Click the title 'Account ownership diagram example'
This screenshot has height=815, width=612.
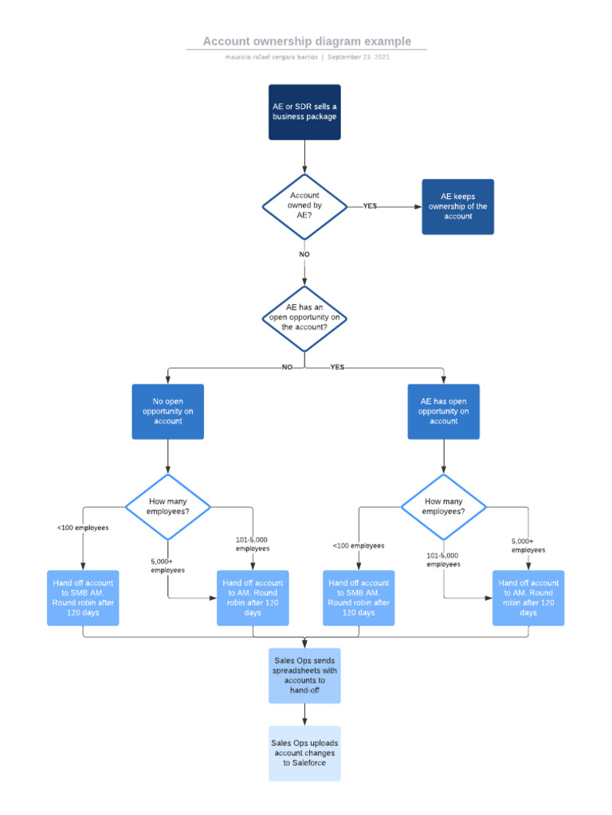307,41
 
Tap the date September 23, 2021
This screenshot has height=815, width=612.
359,57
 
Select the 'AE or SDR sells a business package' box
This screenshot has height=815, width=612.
304,112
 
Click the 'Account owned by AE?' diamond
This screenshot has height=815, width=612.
304,206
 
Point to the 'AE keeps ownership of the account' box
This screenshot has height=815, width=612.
457,207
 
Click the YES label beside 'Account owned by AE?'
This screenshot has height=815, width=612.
370,206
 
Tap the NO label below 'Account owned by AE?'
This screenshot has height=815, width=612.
304,255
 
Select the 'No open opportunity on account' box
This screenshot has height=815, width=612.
167,411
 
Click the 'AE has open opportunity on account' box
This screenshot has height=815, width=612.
444,411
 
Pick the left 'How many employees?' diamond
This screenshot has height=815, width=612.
167,506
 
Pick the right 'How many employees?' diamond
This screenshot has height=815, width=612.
443,506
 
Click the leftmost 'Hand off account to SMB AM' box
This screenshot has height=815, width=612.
83,598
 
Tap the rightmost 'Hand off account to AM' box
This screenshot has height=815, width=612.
528,598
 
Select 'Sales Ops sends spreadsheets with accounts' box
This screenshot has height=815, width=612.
304,676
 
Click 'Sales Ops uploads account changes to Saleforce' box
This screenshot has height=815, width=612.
304,753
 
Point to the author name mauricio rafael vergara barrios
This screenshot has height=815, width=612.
271,57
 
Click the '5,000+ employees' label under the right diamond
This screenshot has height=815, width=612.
528,545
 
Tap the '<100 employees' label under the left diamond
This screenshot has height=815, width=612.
83,528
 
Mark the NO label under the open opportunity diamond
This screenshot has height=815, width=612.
287,368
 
